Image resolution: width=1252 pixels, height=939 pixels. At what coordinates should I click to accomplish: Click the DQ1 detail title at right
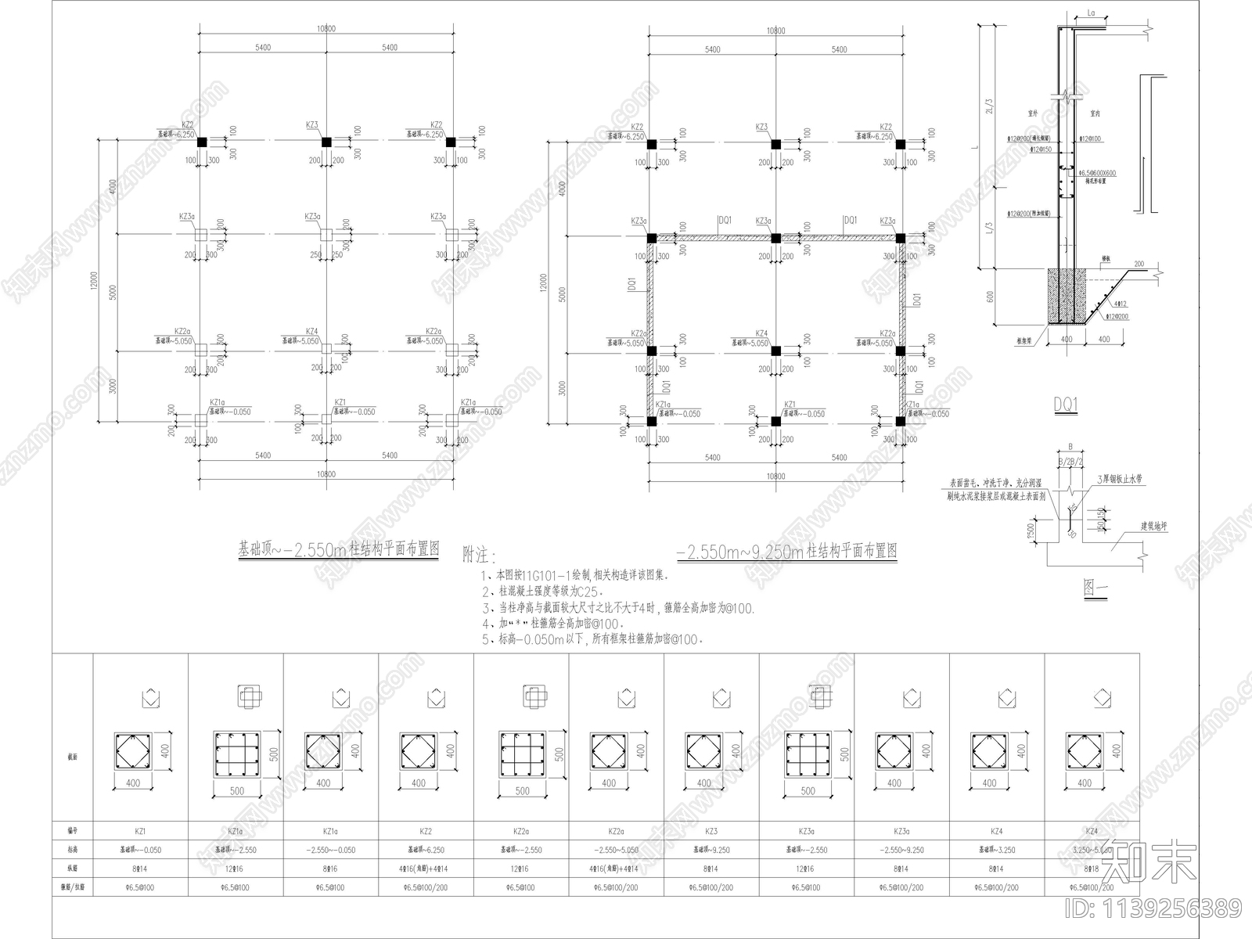(1066, 405)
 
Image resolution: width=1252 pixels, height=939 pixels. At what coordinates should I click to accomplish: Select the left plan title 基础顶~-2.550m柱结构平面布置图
(338, 549)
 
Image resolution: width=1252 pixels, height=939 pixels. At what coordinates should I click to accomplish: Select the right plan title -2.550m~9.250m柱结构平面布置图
(786, 552)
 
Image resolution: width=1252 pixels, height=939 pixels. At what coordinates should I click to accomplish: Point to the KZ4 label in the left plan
(311, 332)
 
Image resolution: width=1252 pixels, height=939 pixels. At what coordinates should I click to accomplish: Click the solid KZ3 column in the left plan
(326, 142)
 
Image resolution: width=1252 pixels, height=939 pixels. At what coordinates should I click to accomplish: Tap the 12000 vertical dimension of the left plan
(94, 280)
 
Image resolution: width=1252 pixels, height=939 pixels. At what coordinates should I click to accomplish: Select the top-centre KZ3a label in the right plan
(762, 221)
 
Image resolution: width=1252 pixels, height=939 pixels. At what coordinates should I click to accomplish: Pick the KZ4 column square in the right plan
(775, 351)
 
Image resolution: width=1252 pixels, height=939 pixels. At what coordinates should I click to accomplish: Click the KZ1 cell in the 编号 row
(140, 831)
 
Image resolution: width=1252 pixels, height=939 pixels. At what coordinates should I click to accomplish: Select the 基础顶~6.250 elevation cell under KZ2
(426, 850)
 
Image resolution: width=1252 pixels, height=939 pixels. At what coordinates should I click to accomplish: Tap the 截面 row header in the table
(73, 757)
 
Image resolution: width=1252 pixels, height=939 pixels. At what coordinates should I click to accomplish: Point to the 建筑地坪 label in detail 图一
(1154, 527)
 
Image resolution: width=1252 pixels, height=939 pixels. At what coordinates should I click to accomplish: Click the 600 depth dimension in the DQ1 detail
(990, 297)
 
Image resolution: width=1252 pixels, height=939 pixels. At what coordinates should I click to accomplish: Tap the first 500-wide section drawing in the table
(236, 753)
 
